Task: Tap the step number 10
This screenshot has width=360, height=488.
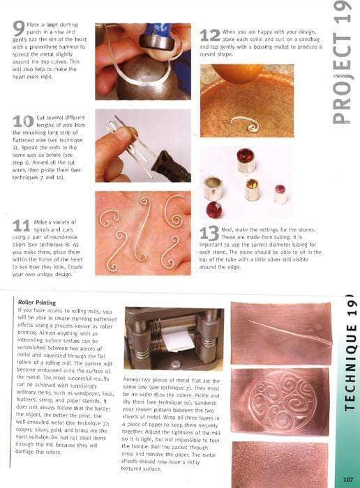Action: tap(23, 121)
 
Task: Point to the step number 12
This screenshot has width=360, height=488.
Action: tap(210, 35)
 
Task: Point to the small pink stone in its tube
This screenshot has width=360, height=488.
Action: tap(280, 192)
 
